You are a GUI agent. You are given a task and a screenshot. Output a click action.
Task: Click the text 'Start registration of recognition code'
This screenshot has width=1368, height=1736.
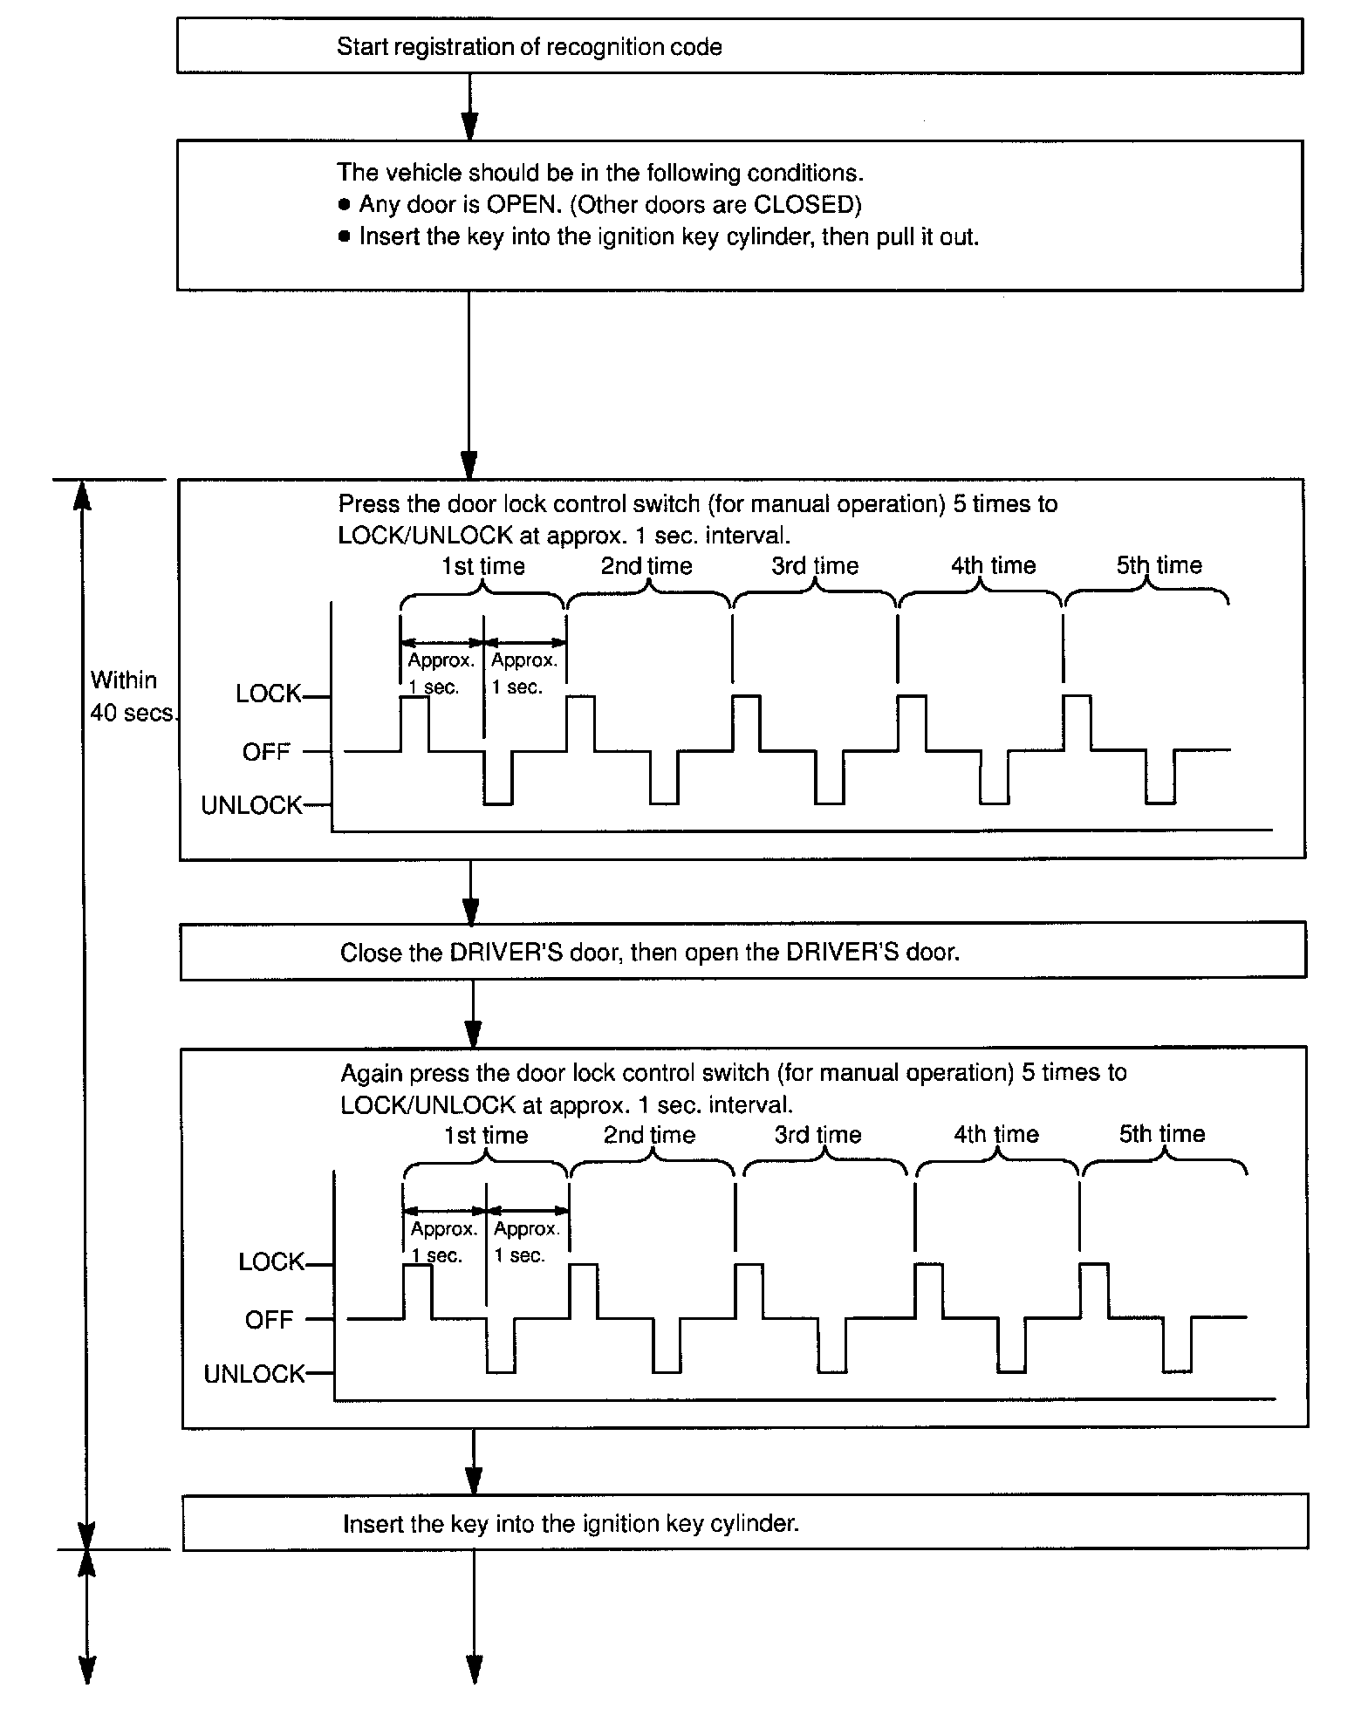point(529,47)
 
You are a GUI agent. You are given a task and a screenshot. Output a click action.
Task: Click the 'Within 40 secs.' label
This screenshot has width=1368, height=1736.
point(132,696)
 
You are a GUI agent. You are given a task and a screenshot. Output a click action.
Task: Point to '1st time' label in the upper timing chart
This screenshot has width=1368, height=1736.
point(482,566)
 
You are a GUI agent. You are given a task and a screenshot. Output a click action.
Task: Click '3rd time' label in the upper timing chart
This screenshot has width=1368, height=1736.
point(815,566)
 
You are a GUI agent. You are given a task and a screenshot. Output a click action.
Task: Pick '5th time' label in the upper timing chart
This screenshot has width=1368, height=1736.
point(1159,565)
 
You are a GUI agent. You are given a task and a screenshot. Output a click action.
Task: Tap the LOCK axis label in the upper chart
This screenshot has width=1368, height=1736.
point(268,694)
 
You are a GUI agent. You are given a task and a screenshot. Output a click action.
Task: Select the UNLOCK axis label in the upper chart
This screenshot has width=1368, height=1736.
point(251,805)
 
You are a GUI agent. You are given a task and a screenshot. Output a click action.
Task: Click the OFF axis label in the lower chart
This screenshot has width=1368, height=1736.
point(269,1320)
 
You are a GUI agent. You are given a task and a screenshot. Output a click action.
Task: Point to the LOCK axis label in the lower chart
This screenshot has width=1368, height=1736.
point(271,1262)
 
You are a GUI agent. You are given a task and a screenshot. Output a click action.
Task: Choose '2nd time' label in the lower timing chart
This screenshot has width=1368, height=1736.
point(649,1135)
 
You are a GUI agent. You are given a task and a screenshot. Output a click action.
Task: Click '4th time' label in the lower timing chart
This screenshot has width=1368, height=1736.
point(996,1134)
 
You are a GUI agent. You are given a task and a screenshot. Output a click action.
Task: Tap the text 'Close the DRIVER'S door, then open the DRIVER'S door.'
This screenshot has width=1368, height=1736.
point(649,953)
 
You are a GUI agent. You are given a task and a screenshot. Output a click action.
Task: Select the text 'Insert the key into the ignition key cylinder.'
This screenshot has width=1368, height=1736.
point(571,1524)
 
